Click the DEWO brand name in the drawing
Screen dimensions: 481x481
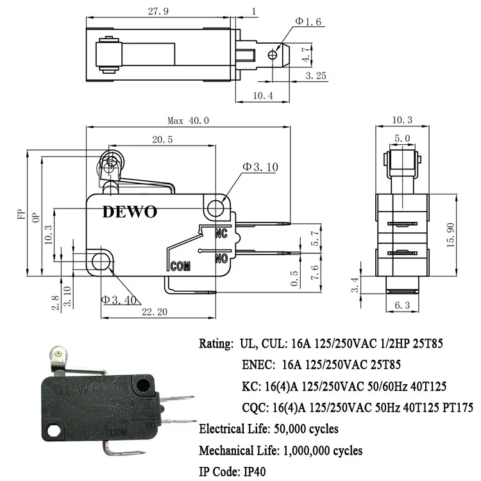pyautogui.click(x=129, y=212)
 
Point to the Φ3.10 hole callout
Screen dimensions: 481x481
pyautogui.click(x=260, y=167)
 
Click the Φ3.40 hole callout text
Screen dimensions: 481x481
pyautogui.click(x=117, y=298)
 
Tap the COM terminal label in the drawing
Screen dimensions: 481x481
pyautogui.click(x=181, y=266)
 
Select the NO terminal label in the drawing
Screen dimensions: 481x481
pyautogui.click(x=222, y=258)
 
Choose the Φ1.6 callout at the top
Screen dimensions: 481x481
pyautogui.click(x=308, y=21)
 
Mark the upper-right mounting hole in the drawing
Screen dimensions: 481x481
pyautogui.click(x=216, y=207)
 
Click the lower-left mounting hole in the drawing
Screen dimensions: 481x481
pyautogui.click(x=100, y=261)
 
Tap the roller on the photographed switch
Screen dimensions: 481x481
pyautogui.click(x=60, y=353)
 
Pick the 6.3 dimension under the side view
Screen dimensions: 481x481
pyautogui.click(x=402, y=306)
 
